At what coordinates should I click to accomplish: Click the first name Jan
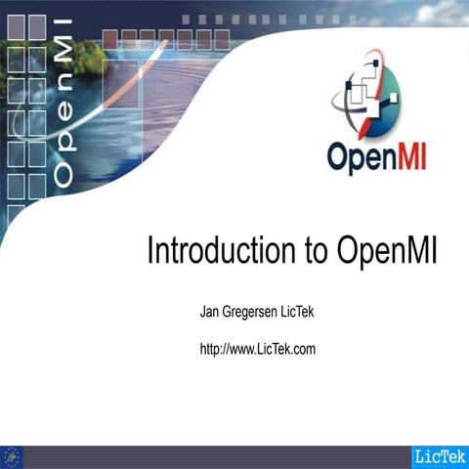click(209, 312)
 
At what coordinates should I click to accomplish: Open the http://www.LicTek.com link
click(257, 348)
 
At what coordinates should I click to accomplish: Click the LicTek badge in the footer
click(440, 456)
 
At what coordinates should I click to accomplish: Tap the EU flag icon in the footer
click(13, 456)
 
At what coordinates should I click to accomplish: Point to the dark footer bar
click(215, 456)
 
